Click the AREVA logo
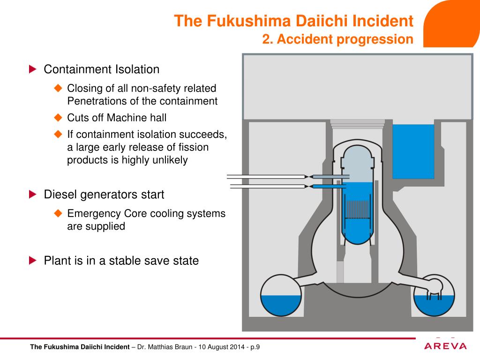445,346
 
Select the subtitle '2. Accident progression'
337,39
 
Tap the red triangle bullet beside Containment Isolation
32,69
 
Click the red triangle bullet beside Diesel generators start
32,194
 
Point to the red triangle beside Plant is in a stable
32,260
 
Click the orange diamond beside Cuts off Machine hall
58,117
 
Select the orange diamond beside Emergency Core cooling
58,213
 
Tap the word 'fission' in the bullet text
194,147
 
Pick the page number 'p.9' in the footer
255,347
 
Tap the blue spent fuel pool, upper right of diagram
413,151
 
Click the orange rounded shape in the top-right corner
452,23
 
